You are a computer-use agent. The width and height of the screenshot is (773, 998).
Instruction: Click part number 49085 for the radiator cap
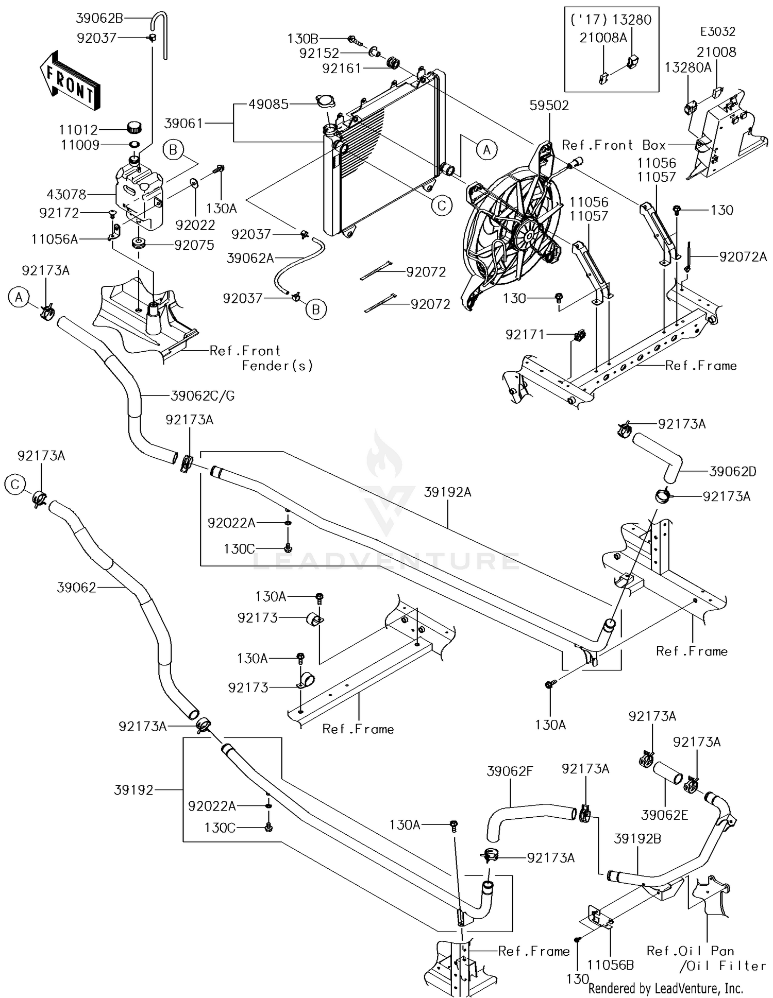pyautogui.click(x=268, y=104)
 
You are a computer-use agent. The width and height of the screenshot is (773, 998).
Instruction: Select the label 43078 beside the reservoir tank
pyautogui.click(x=66, y=195)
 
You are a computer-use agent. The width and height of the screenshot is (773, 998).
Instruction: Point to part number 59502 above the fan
pyautogui.click(x=549, y=106)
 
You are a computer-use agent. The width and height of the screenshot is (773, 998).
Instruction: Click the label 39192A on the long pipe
pyautogui.click(x=448, y=492)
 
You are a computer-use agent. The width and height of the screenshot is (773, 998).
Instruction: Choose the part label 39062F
pyautogui.click(x=510, y=771)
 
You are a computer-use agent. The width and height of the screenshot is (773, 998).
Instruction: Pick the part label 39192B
pyautogui.click(x=637, y=839)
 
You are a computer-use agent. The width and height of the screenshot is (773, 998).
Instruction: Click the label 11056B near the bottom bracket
pyautogui.click(x=611, y=965)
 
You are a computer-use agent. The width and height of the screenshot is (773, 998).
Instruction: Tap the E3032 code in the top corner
pyautogui.click(x=717, y=31)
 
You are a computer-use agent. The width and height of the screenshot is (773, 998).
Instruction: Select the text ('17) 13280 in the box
pyautogui.click(x=611, y=20)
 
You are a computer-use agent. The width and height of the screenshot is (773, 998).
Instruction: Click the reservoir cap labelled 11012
pyautogui.click(x=134, y=126)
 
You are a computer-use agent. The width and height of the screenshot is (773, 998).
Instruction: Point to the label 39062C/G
pyautogui.click(x=203, y=395)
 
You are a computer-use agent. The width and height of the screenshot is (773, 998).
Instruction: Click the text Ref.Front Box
pyautogui.click(x=613, y=145)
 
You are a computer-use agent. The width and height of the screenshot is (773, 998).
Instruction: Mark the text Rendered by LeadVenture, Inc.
pyautogui.click(x=665, y=988)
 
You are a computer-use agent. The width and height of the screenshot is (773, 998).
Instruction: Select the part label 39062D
pyautogui.click(x=733, y=471)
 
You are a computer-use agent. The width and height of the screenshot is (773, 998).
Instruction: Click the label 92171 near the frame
pyautogui.click(x=525, y=335)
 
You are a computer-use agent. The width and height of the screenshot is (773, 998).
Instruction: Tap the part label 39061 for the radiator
pyautogui.click(x=184, y=124)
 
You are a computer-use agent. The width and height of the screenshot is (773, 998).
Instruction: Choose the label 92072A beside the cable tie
pyautogui.click(x=743, y=256)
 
